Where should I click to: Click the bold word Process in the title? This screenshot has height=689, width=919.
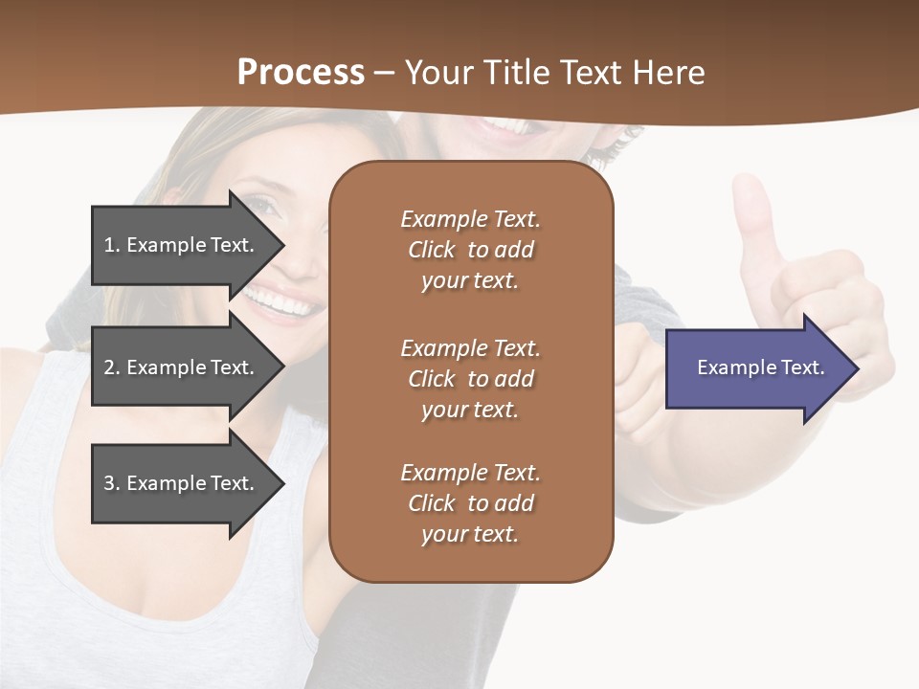[301, 72]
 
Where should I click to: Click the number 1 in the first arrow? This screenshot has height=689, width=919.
[109, 245]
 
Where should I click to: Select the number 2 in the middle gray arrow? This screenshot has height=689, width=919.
[109, 367]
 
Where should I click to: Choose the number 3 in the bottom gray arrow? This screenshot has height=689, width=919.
[109, 483]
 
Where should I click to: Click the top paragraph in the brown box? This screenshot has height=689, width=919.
[470, 250]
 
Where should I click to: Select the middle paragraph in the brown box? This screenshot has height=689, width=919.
[470, 379]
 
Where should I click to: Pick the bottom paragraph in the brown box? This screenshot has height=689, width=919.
[470, 503]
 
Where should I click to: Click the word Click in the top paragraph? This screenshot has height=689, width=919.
[432, 250]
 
